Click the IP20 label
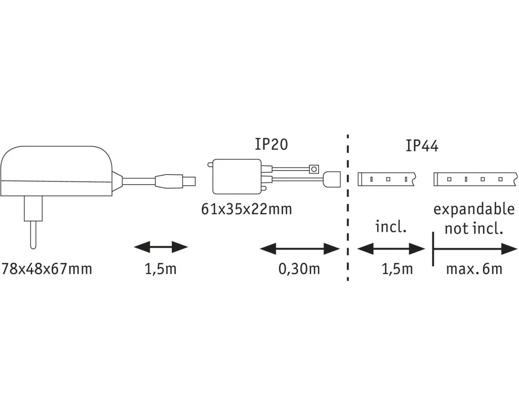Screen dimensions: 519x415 (271, 144)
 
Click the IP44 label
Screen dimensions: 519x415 (422, 146)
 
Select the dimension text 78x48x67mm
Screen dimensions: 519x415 (47, 269)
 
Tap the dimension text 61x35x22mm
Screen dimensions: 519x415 (247, 209)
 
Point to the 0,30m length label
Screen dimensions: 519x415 (299, 269)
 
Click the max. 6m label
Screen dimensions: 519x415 (474, 269)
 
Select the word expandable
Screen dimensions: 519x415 (474, 210)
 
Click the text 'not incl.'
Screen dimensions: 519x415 (474, 228)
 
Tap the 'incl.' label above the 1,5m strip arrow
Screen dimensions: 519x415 (391, 227)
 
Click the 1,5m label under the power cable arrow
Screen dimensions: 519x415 (161, 269)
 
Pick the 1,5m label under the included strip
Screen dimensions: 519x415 (397, 269)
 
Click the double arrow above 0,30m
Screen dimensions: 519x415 (300, 248)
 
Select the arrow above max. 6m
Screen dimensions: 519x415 (475, 249)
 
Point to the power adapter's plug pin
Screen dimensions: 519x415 (33, 234)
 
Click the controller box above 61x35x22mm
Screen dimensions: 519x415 (237, 176)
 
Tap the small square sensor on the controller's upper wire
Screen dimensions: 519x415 (314, 169)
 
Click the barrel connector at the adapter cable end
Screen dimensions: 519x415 (175, 182)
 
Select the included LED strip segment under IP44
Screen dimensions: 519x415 (386, 179)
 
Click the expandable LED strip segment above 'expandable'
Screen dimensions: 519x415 (475, 179)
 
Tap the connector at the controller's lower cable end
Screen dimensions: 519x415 (332, 179)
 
